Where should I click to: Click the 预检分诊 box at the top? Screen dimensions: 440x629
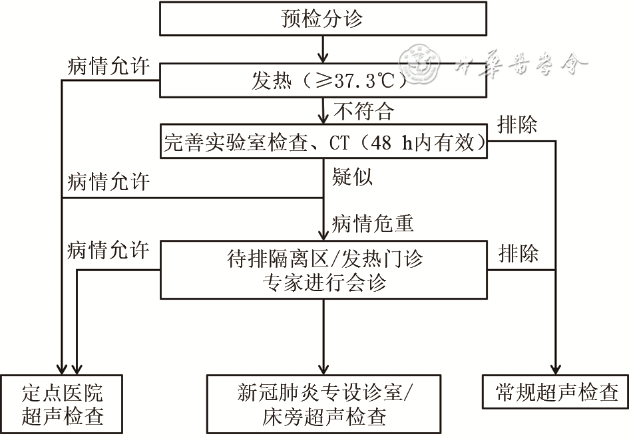click(323, 18)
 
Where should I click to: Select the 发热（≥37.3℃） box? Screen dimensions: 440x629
click(323, 81)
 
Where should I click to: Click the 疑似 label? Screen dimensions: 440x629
click(352, 177)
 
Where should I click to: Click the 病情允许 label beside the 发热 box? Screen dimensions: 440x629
click(108, 67)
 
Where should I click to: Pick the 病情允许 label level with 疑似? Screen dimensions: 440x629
click(108, 181)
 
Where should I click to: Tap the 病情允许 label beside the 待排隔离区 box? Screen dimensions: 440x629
click(108, 250)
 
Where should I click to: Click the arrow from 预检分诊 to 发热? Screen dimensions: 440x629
click(323, 49)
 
